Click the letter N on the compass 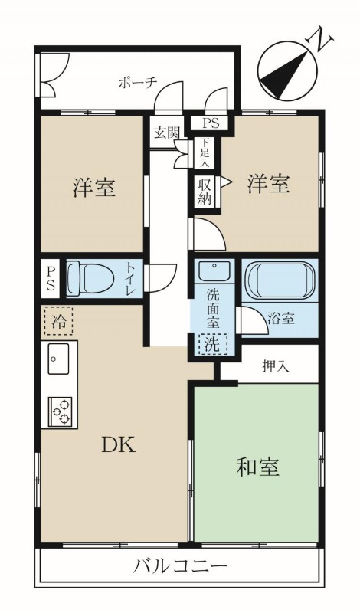321,39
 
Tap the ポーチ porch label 137,83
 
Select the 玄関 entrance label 166,133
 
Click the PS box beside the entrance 211,123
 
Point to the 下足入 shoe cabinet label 204,152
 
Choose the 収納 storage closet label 205,192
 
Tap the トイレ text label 130,279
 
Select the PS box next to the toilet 51,279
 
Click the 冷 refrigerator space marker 58,323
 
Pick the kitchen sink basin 58,359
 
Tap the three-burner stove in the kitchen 61,411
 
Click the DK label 118,445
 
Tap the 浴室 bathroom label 280,319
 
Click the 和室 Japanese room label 257,467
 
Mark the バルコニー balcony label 181,565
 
